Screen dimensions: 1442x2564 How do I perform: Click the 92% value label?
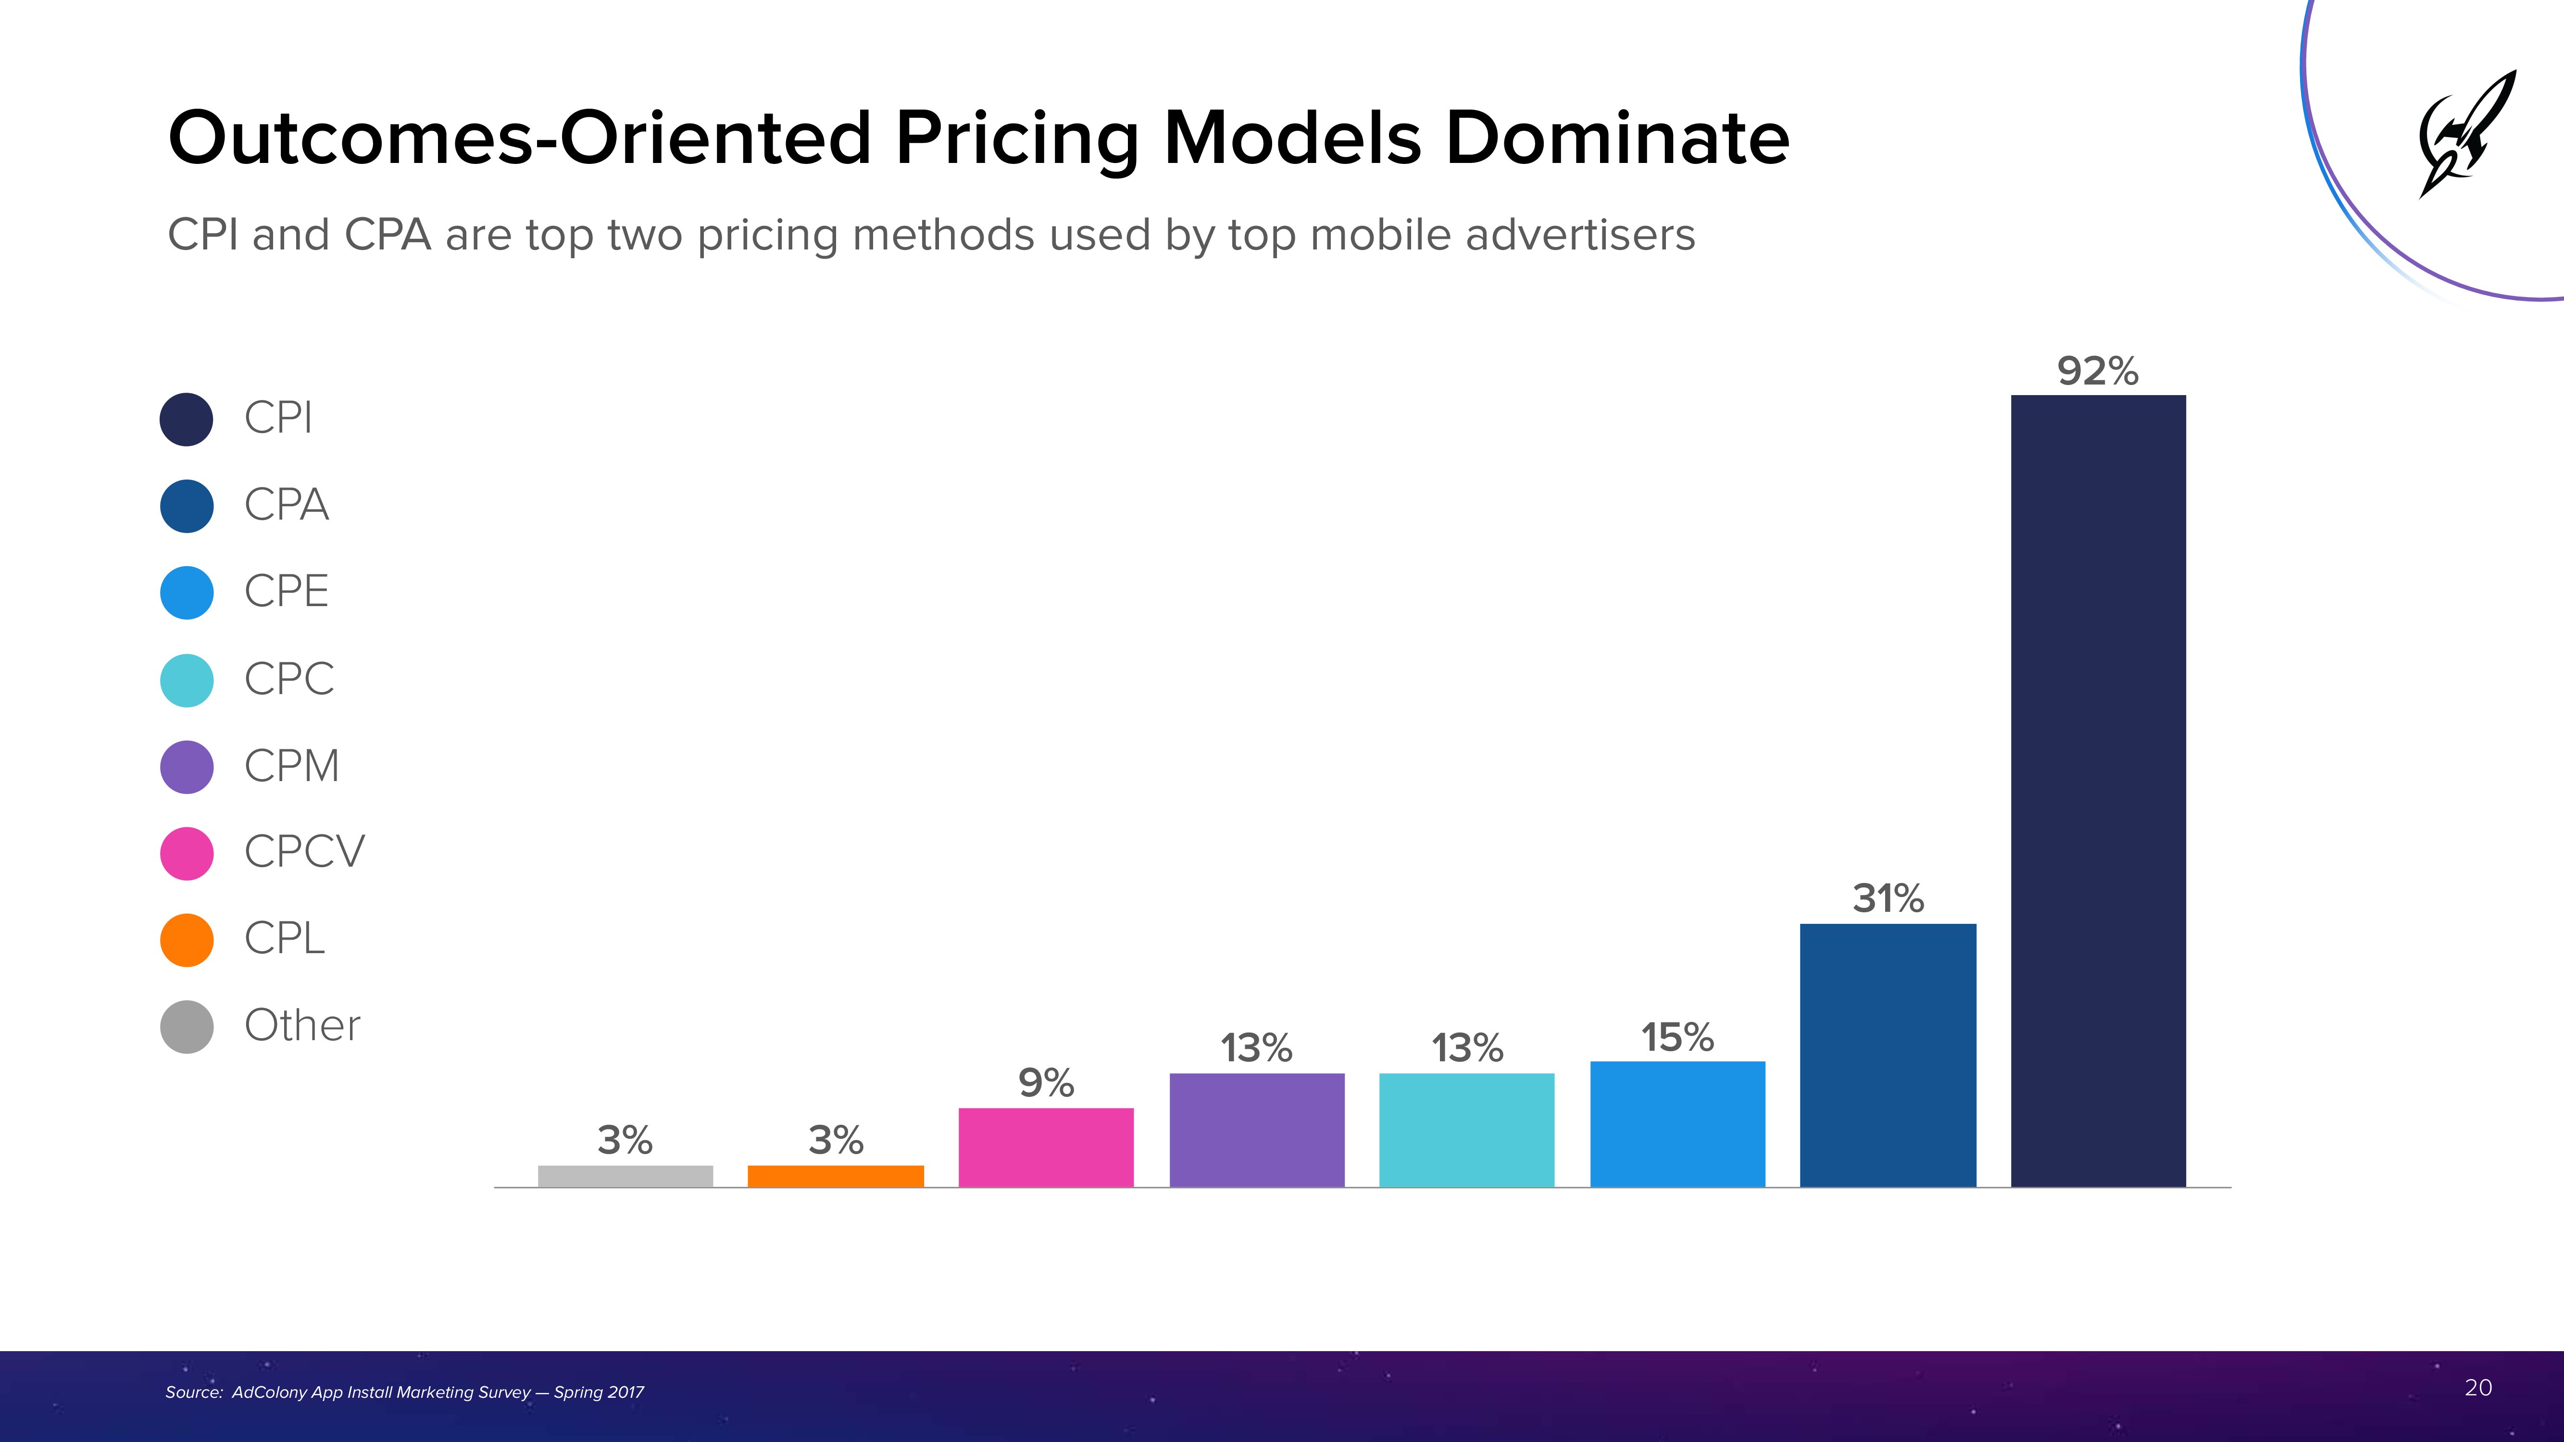pos(2097,371)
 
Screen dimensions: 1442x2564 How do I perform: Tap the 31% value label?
pos(1887,899)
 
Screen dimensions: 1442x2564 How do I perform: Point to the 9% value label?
pos(1045,1083)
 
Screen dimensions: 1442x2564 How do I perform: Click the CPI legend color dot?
pos(186,419)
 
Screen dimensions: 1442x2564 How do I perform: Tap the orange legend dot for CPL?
pos(186,939)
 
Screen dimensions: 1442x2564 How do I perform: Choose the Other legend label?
pos(301,1025)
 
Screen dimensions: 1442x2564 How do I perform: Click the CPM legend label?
pos(292,765)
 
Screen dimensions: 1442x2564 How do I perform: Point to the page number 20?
pos(2477,1387)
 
